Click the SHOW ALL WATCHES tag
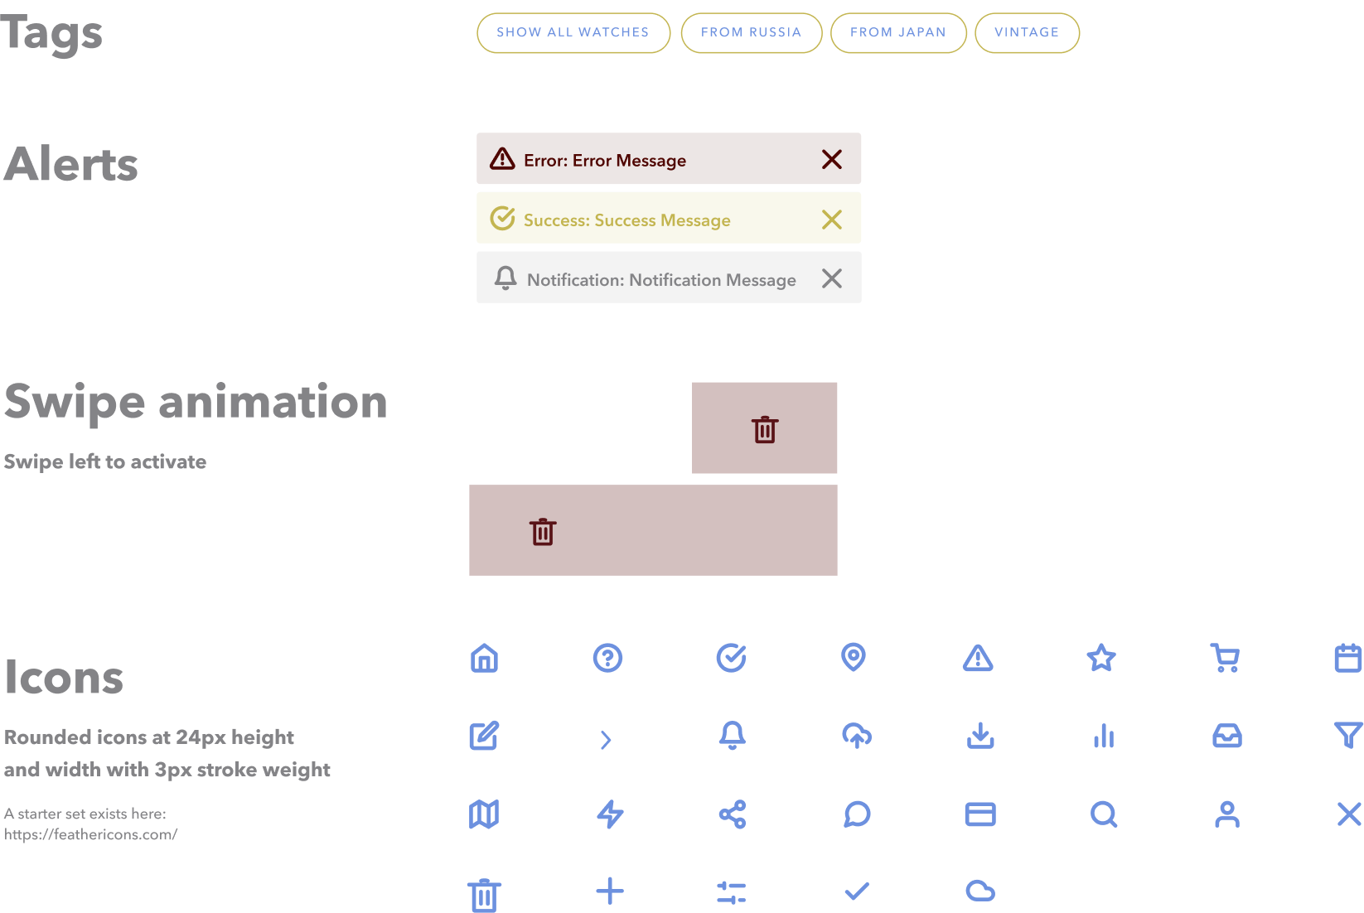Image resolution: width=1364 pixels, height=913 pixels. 573,33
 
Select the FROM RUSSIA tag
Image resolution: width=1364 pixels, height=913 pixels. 751,33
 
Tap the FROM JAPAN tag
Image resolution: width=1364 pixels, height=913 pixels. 897,33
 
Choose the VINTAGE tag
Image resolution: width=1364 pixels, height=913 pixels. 1027,33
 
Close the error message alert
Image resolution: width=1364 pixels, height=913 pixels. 831,159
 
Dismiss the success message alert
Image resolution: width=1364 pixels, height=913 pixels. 831,219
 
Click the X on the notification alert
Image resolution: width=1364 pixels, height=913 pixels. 831,278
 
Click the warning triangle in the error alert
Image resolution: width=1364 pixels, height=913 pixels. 502,158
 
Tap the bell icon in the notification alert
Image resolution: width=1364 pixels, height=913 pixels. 505,278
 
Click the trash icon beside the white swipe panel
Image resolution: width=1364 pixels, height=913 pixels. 764,429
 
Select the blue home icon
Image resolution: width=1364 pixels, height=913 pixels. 484,658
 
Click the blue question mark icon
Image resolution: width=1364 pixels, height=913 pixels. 607,658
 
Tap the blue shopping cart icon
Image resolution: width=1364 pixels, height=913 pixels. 1225,658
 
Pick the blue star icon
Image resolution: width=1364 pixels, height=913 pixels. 1101,658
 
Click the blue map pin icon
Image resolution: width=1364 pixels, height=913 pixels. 854,657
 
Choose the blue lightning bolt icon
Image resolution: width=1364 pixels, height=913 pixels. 610,814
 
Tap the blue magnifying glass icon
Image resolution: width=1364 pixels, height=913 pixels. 1103,814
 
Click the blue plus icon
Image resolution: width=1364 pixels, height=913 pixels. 610,891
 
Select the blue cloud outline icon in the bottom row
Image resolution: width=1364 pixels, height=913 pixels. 980,891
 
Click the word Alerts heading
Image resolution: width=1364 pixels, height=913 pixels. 71,164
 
